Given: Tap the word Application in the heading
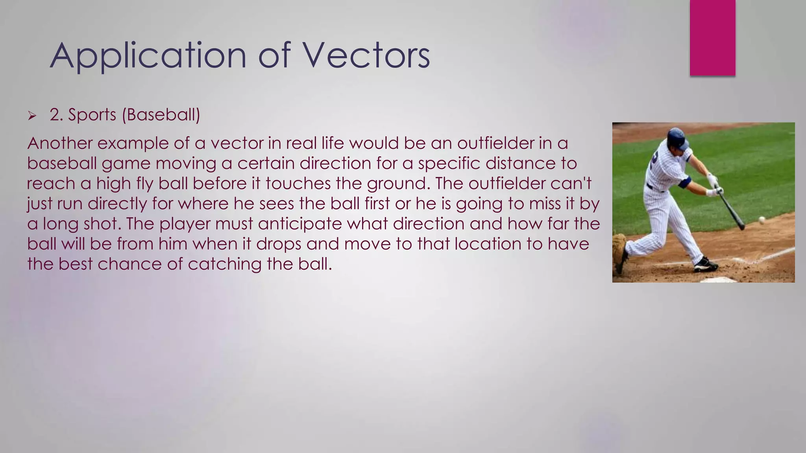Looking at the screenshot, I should point(148,55).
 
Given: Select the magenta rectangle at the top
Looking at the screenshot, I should point(712,38).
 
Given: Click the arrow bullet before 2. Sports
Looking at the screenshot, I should point(32,116).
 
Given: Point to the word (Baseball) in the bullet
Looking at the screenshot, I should point(161,115).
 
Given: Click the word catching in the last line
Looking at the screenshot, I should point(224,264).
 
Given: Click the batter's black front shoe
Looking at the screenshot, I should point(706,265).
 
